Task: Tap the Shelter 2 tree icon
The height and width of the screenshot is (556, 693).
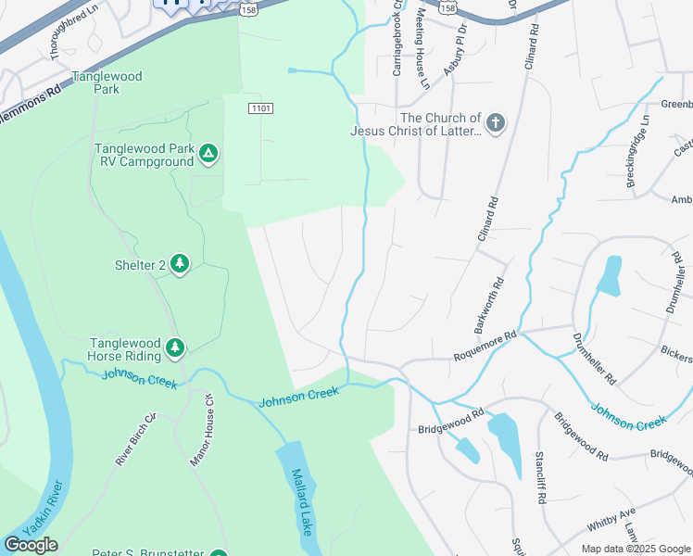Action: click(x=180, y=265)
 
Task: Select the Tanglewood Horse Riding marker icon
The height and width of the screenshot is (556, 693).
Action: click(x=174, y=348)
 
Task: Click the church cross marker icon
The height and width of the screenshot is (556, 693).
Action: click(x=496, y=123)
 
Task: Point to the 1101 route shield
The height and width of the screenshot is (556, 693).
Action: click(x=261, y=108)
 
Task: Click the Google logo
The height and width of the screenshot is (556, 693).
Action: click(x=31, y=545)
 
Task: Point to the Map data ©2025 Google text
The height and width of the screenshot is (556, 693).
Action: click(x=635, y=549)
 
